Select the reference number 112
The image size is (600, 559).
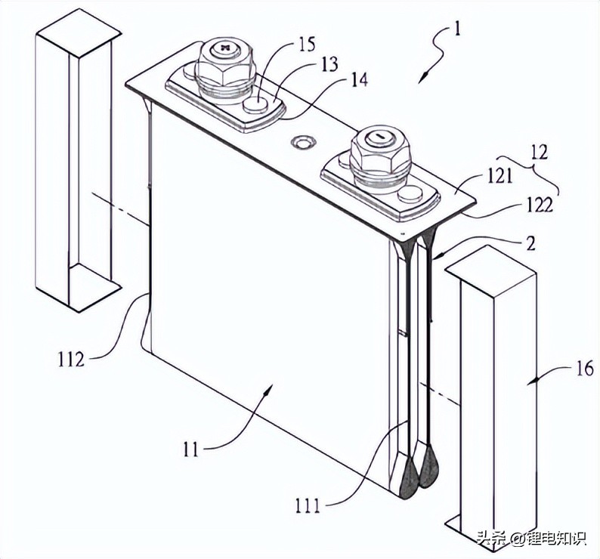coord(70,357)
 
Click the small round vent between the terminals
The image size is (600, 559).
coord(305,142)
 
